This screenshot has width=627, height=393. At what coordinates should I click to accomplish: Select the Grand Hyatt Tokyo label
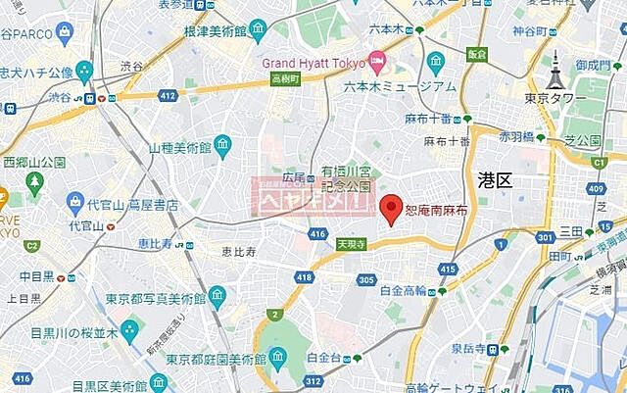[x=313, y=61]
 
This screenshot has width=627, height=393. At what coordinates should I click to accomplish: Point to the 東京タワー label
[x=555, y=98]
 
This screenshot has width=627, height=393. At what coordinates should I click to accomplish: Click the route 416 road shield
[x=317, y=234]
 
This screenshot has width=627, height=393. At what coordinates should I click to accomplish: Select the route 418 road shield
[x=308, y=279]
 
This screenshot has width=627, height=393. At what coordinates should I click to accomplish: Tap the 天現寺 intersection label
[x=351, y=244]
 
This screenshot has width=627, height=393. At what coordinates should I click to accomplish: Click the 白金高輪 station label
[x=403, y=290]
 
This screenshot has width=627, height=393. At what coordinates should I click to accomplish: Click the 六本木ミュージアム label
[x=385, y=85]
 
